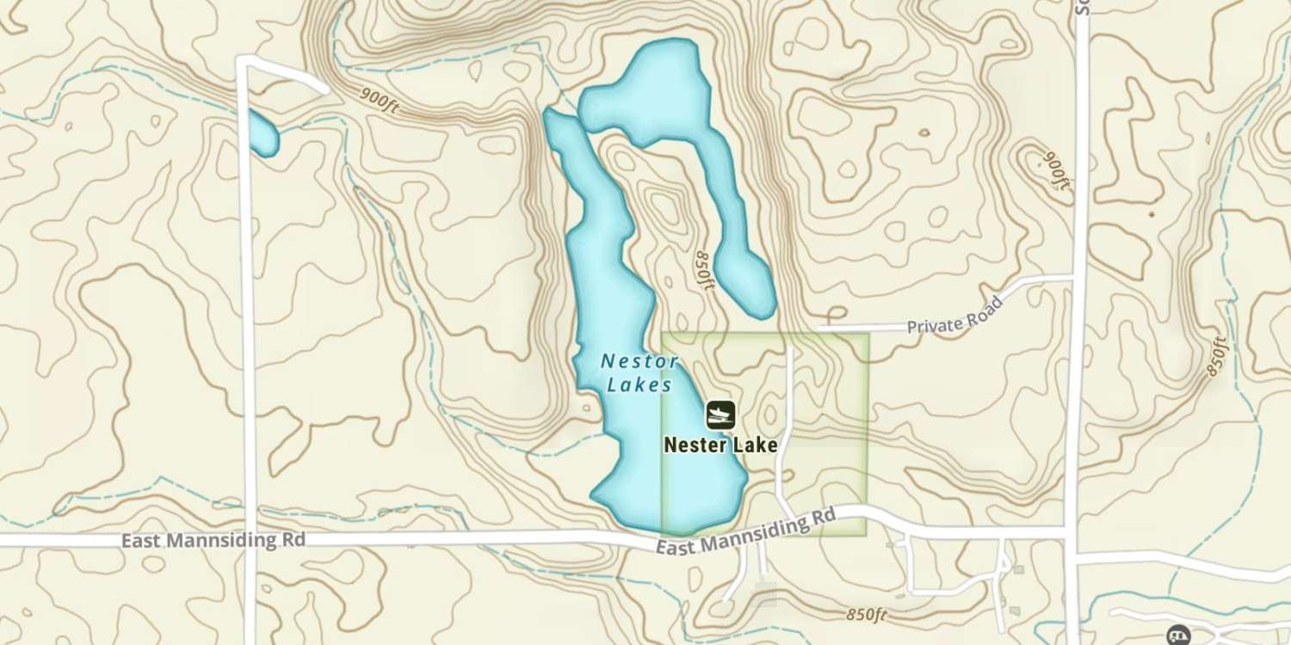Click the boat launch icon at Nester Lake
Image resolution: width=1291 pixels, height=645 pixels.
(720, 415)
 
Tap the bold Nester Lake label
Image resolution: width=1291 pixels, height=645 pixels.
(720, 445)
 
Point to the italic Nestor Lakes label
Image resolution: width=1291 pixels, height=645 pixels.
(639, 373)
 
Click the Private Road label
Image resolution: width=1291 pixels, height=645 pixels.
(955, 316)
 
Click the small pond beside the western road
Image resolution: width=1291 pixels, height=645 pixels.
(262, 132)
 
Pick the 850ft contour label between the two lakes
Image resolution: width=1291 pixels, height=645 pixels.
(705, 271)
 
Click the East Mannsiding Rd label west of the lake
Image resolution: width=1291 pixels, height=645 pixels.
(213, 541)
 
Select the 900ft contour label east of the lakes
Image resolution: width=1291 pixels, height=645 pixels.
(1057, 170)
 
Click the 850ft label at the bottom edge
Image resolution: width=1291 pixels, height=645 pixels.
(866, 615)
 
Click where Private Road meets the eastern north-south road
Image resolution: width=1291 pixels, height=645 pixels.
(1074, 278)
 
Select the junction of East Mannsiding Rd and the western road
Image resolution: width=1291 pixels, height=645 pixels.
(249, 540)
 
